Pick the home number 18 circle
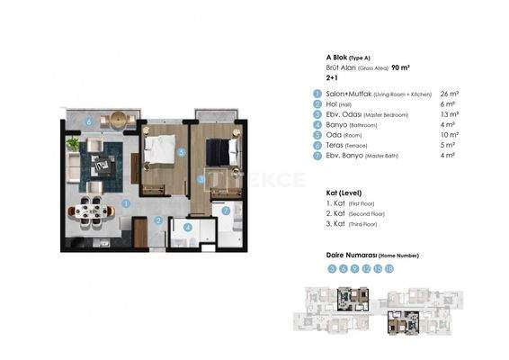click(x=389, y=268)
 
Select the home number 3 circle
click(x=332, y=268)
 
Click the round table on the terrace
click(x=117, y=120)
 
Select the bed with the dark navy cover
click(x=219, y=152)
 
